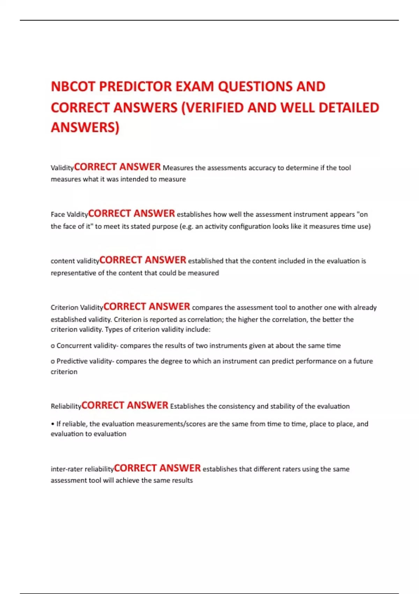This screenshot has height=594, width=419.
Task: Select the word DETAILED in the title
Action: [x=349, y=108]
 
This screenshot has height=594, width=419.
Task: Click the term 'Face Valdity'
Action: [x=69, y=215]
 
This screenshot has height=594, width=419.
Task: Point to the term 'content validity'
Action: [x=75, y=261]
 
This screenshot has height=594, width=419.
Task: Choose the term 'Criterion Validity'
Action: [x=77, y=307]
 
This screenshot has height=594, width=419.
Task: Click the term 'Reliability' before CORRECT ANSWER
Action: [x=66, y=406]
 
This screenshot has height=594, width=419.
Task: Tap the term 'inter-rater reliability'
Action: [x=82, y=469]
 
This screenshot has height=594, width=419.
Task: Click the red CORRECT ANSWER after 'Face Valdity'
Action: [x=131, y=213]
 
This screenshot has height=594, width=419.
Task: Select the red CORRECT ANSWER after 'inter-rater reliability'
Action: [x=157, y=468]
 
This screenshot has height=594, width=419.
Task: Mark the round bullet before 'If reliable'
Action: [x=53, y=424]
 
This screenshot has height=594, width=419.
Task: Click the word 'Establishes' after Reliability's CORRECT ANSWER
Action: [x=187, y=406]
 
